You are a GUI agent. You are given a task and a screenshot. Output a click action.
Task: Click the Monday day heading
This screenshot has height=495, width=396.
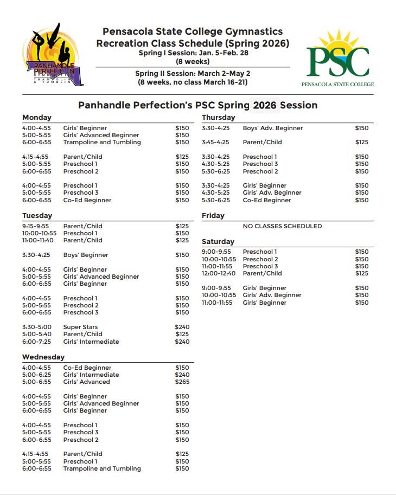37,118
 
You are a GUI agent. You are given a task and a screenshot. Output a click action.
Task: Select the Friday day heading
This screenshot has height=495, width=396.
213,216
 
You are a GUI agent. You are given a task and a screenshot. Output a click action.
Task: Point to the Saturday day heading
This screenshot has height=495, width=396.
218,242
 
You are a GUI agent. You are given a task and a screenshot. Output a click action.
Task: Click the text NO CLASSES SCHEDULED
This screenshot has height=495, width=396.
282,226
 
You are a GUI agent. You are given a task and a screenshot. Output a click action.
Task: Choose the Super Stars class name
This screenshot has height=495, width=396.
80,327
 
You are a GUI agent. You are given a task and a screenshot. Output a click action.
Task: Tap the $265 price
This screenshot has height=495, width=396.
182,382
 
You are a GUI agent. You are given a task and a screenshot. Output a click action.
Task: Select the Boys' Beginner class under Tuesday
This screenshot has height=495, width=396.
86,255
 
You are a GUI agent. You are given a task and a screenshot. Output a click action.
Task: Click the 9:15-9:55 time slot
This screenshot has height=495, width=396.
36,226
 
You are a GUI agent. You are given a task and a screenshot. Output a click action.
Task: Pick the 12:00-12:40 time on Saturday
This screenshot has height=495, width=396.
218,273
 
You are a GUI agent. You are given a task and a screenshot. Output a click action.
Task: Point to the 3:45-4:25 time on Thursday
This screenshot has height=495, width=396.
215,143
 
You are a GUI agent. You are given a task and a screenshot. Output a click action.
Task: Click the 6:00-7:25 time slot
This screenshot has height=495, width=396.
36,342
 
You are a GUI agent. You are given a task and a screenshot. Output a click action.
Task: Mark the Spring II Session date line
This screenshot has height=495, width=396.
193,73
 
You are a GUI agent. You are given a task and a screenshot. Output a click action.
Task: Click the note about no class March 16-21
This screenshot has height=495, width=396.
193,82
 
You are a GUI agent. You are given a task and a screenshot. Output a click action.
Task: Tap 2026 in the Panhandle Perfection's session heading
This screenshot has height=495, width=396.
265,105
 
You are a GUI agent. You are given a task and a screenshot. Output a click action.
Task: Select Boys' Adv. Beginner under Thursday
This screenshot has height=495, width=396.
273,128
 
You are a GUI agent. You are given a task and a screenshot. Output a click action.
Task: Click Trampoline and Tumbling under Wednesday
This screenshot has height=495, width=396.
102,468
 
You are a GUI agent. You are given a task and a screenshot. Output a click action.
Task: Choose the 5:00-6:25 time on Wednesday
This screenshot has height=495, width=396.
36,375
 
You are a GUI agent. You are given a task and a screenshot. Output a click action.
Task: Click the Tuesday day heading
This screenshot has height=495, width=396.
37,216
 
